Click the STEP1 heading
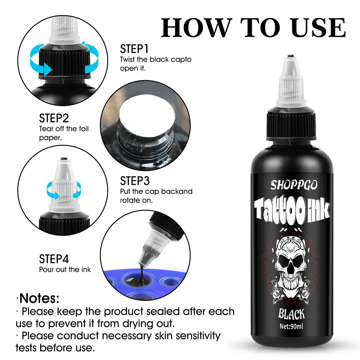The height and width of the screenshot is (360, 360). click(134, 49)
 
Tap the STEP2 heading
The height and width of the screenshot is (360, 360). click(54, 118)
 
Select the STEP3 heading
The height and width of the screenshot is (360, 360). click(135, 181)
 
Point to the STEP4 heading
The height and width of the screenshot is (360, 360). click(54, 259)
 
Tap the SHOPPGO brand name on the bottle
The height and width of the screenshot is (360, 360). click(294, 185)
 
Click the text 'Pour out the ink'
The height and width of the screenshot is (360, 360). click(65, 270)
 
